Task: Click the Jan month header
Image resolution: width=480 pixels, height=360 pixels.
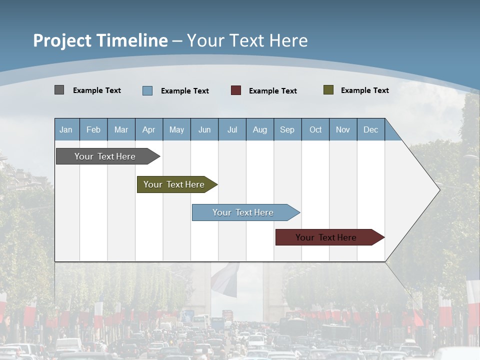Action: coord(66,130)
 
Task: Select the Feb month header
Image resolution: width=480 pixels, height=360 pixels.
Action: coord(93,130)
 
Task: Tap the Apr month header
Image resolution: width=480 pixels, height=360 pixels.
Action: coord(149,130)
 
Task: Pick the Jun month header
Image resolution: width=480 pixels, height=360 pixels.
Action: coord(204,130)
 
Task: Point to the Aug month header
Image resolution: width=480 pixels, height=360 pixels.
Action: coord(260,130)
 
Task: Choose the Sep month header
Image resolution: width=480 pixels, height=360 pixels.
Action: coord(287,130)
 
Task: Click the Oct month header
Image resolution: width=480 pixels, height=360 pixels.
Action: coord(315,130)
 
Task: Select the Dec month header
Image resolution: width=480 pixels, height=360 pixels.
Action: coord(371,130)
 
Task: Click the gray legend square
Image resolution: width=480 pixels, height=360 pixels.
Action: coord(59,90)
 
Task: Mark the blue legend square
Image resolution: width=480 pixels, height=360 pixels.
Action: coord(147,90)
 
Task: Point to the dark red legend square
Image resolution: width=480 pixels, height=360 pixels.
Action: coord(236,90)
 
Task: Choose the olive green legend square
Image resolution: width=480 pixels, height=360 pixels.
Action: coord(328,90)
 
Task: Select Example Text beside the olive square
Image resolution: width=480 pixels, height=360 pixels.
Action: coord(365,90)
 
